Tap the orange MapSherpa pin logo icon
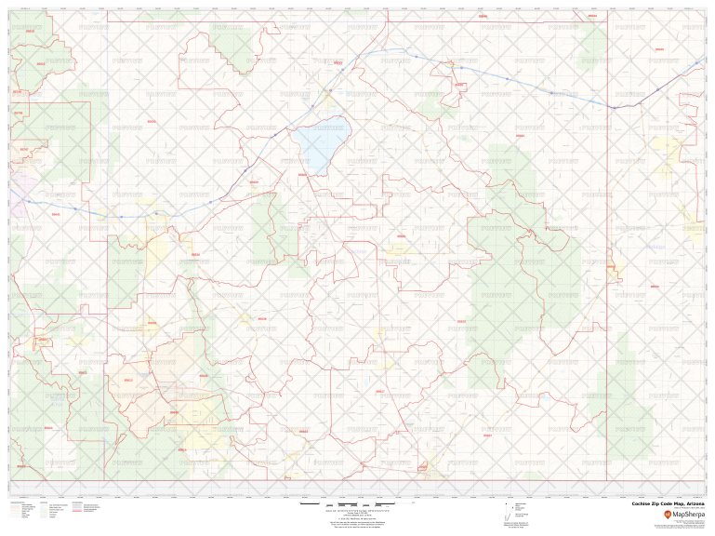[x=667, y=513]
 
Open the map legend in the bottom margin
[x=56, y=510]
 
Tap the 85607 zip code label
[x=490, y=434]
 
